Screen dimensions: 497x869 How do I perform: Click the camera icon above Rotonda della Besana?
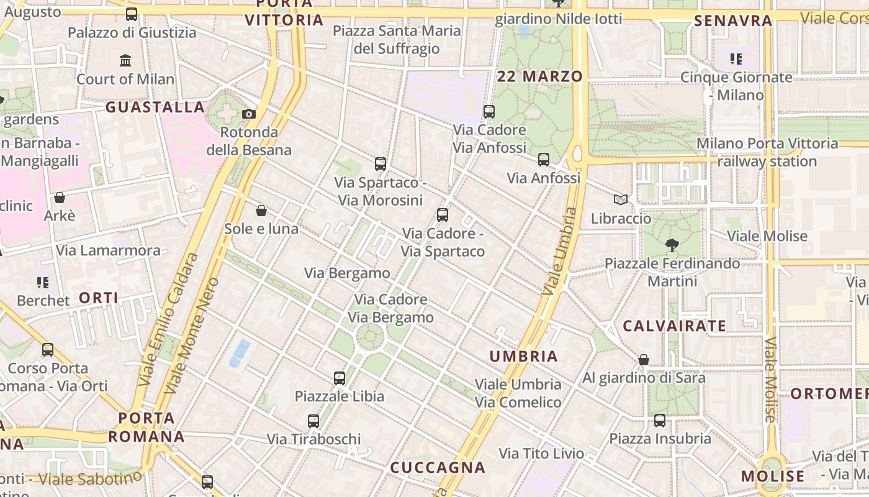click(248, 114)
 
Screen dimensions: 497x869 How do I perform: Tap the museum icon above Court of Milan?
click(125, 60)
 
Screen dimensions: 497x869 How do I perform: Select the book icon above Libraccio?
click(620, 199)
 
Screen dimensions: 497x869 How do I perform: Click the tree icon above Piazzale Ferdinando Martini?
click(672, 245)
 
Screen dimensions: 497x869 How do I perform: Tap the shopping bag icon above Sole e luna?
click(261, 211)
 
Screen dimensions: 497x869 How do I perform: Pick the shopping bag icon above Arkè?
click(60, 198)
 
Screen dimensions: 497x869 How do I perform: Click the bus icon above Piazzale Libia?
click(339, 378)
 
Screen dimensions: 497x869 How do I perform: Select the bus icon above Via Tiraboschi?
click(313, 421)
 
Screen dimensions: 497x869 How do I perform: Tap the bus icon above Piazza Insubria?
click(660, 421)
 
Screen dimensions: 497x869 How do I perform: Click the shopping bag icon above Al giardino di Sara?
click(644, 359)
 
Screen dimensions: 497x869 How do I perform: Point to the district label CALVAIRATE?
click(674, 326)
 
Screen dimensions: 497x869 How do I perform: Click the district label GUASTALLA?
click(155, 107)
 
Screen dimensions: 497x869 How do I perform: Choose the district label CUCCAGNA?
click(438, 467)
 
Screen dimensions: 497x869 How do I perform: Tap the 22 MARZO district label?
click(540, 76)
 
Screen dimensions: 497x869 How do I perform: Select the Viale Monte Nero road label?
click(192, 335)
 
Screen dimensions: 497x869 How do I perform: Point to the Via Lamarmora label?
click(109, 250)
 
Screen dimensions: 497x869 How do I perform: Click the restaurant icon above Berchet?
click(43, 283)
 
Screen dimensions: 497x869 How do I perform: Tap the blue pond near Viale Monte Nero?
click(239, 352)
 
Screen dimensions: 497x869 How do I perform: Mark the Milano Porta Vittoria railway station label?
click(767, 153)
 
